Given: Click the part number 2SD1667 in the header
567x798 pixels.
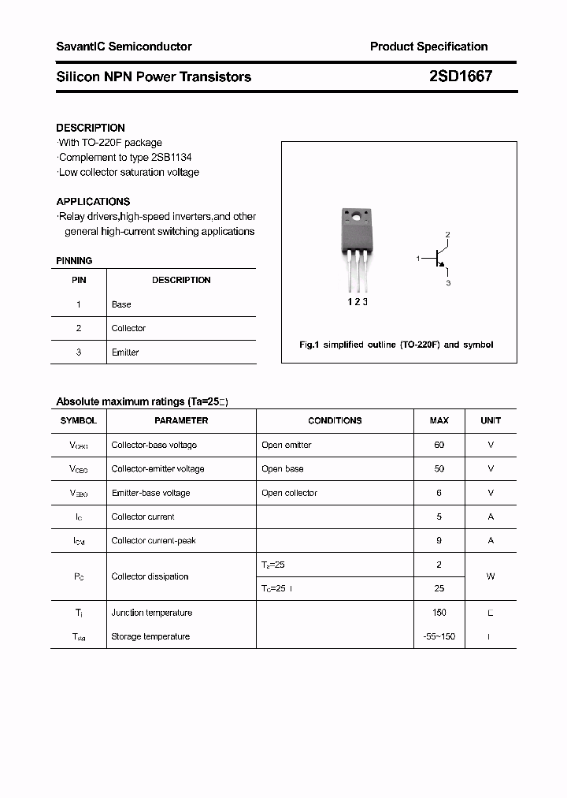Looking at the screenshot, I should (x=461, y=76).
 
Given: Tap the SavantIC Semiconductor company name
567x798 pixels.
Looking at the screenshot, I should (x=124, y=47).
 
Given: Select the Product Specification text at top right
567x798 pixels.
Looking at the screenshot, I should (x=428, y=47).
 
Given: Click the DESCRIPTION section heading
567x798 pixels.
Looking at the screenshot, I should (x=91, y=128).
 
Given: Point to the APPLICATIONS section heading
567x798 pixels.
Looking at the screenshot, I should (x=93, y=202).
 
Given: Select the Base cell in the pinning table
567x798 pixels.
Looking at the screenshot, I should (x=121, y=304).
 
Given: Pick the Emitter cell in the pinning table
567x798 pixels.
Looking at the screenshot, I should (x=125, y=352).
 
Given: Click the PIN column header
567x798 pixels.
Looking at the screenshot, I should (x=79, y=280).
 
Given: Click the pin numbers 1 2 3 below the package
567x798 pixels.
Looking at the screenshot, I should (x=358, y=301).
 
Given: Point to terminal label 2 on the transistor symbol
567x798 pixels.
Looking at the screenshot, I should (x=447, y=235).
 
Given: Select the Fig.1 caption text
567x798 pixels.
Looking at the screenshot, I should (x=396, y=345).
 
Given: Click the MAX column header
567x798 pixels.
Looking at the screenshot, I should (x=439, y=421).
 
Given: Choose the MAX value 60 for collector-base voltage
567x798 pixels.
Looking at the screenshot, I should (x=439, y=445).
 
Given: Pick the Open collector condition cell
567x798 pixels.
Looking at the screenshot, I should (x=289, y=493).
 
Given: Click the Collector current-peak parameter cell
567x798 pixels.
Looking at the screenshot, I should (x=154, y=541).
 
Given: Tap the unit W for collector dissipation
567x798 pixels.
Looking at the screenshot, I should (x=491, y=576).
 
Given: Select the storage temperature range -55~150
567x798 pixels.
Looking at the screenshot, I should (x=439, y=636).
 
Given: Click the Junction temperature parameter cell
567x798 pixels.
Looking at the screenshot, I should (x=152, y=613).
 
